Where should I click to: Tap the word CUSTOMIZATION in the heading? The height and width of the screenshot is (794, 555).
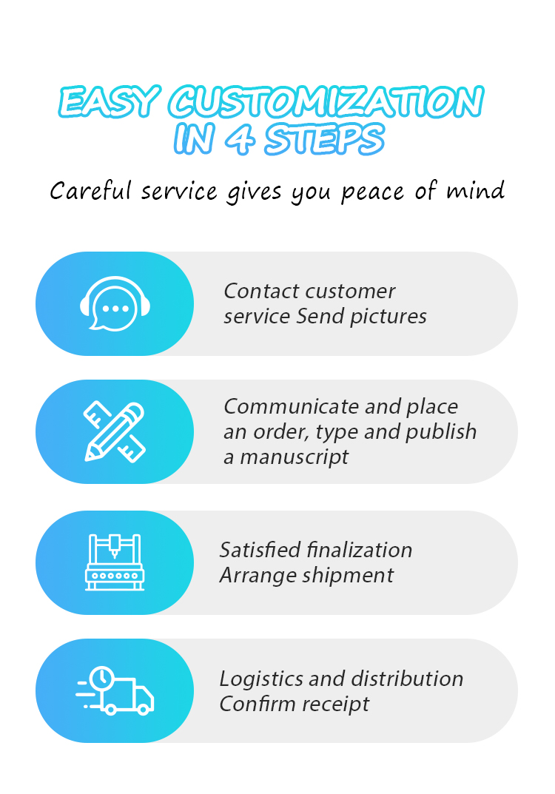pyautogui.click(x=326, y=102)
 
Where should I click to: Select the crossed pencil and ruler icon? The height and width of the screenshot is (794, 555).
pyautogui.click(x=115, y=431)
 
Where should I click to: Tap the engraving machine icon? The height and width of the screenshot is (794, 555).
pyautogui.click(x=115, y=562)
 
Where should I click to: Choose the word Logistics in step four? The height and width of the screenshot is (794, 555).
pyautogui.click(x=260, y=679)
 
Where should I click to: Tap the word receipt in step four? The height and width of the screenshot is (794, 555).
pyautogui.click(x=337, y=704)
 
